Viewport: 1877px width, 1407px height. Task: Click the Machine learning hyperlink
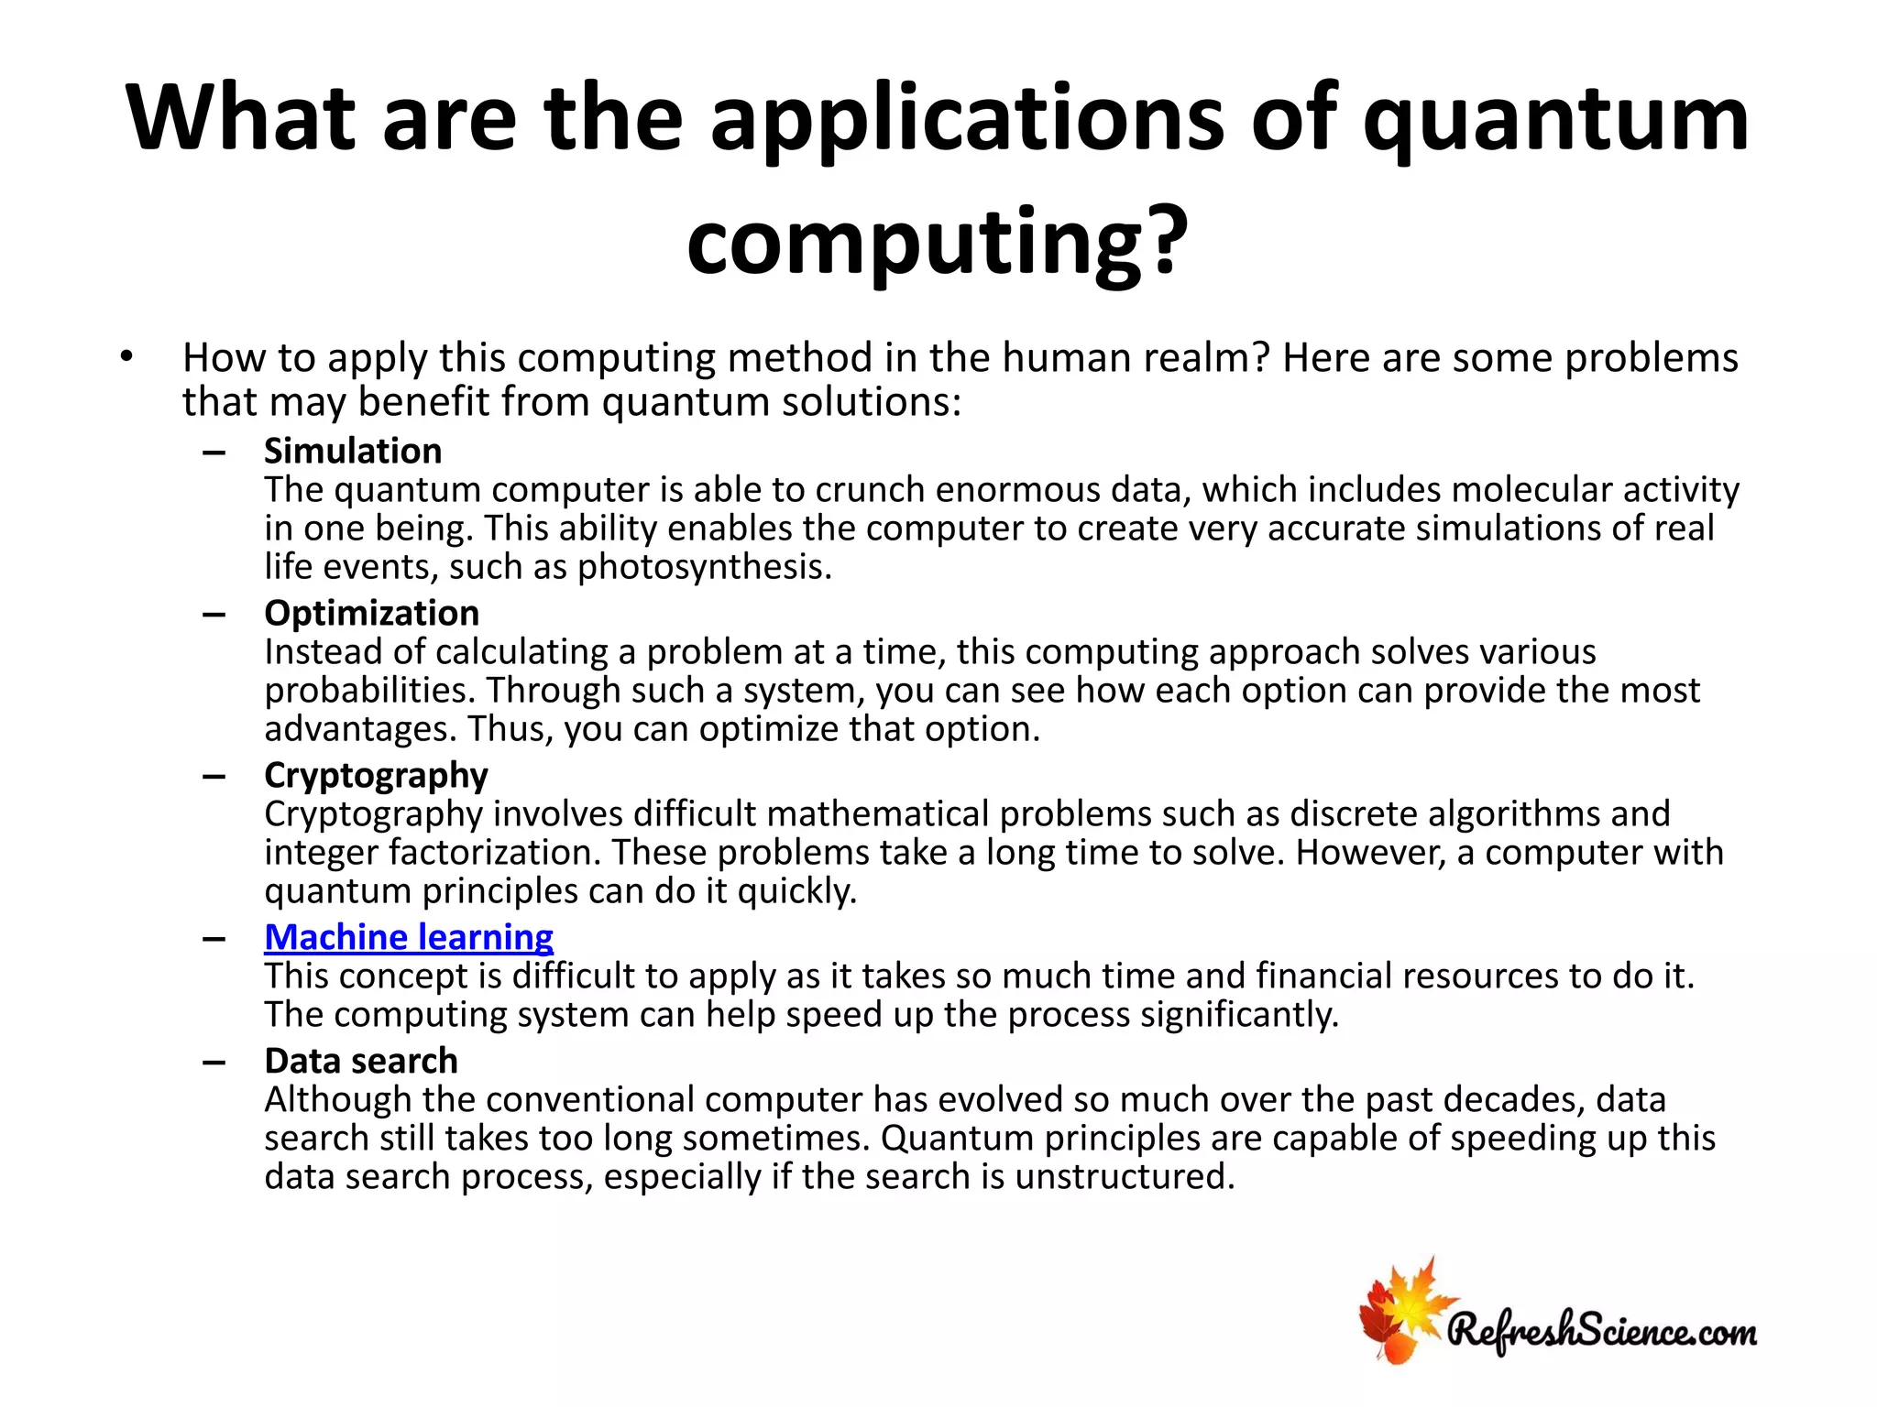coord(409,937)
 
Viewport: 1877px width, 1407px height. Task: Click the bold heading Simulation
coord(353,451)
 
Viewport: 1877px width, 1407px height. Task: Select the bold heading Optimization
coord(371,613)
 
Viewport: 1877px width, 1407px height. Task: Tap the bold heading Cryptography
coord(376,776)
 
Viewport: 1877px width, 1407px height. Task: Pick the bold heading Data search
coord(361,1061)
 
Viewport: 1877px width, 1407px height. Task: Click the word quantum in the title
coord(1555,119)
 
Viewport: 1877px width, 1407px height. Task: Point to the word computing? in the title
coord(937,242)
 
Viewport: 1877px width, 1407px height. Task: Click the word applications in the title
coord(967,119)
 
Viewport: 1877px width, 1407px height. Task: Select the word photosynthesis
coord(704,567)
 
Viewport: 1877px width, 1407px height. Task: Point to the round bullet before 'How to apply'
coord(126,356)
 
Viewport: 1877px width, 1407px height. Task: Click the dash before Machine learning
coord(214,939)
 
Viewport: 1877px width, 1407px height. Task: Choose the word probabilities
coord(370,691)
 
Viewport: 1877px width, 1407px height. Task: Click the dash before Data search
coord(214,1063)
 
